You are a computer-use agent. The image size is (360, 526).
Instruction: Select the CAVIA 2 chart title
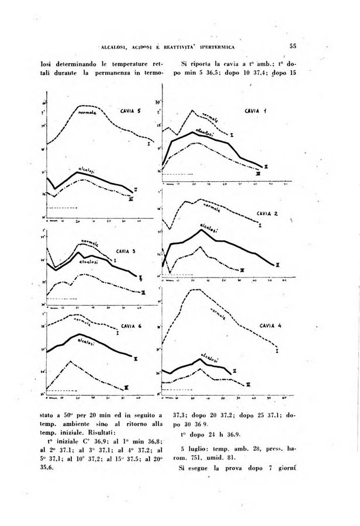click(x=267, y=213)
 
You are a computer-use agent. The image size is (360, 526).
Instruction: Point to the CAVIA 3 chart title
click(x=126, y=251)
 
